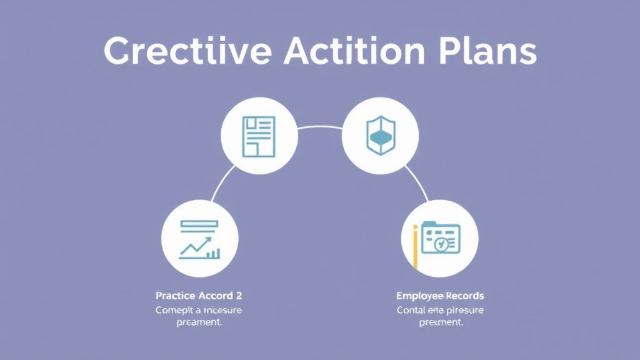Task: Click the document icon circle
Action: pos(259,136)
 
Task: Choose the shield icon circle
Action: pos(381,136)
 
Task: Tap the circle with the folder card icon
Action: pos(439,239)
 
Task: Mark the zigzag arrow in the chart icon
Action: pos(195,248)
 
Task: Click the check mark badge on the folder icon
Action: pos(441,244)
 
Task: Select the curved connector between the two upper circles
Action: pos(320,127)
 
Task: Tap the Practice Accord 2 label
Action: pos(198,295)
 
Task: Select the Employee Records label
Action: pos(440,295)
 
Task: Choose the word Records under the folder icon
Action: pos(464,295)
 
